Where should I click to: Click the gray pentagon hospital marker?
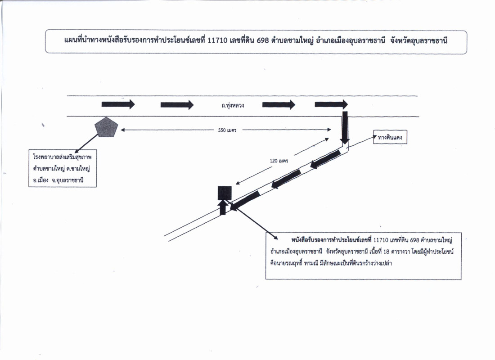tap(106, 127)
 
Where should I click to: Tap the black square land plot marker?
tap(225, 193)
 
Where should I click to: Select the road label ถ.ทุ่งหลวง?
tap(233, 105)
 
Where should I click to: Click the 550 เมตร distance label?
tap(227, 130)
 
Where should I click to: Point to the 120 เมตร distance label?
tap(279, 161)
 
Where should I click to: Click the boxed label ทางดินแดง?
tap(390, 137)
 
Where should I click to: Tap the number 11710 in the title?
tap(217, 40)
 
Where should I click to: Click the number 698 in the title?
tap(263, 40)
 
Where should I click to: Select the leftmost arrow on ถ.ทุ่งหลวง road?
tap(118, 104)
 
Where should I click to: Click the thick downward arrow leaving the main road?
tap(345, 128)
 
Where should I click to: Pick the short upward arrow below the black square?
tap(223, 207)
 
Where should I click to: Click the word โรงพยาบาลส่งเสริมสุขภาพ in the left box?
tap(62, 157)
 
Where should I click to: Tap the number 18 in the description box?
tap(386, 252)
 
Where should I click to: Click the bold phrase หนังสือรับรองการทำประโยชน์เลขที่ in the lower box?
tap(332, 240)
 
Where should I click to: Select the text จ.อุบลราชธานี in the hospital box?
tap(67, 180)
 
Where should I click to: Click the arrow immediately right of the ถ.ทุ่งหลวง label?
tap(279, 104)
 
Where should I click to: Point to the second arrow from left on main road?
tap(177, 104)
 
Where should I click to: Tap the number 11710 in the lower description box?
tap(381, 240)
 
